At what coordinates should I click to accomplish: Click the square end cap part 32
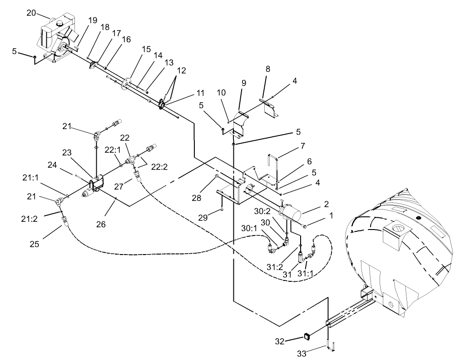pyautogui.click(x=307, y=337)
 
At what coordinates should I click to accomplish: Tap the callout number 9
pyautogui.click(x=244, y=83)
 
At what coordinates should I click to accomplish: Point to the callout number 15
pyautogui.click(x=145, y=48)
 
